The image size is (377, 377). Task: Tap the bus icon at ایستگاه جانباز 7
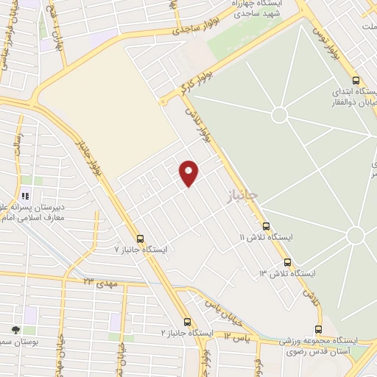pyautogui.click(x=140, y=238)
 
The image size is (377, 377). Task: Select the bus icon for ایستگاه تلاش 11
pyautogui.click(x=266, y=226)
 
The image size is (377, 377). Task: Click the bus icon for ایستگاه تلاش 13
pyautogui.click(x=287, y=262)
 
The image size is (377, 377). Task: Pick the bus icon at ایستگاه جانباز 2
pyautogui.click(x=187, y=322)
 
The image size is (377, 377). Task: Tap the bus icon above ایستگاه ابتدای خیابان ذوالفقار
pyautogui.click(x=356, y=81)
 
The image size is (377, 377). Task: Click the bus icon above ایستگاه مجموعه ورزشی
pyautogui.click(x=318, y=329)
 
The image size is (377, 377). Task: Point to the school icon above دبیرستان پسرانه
pyautogui.click(x=24, y=196)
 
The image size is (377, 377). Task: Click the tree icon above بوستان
pyautogui.click(x=15, y=329)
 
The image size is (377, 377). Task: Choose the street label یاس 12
pyautogui.click(x=240, y=336)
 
